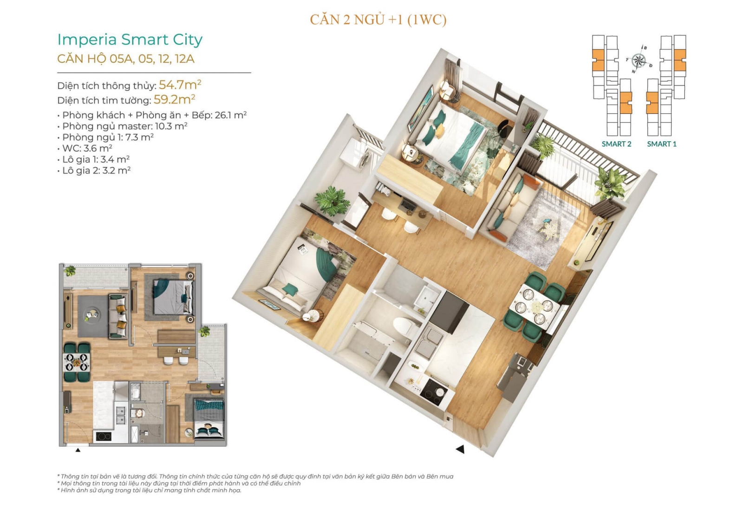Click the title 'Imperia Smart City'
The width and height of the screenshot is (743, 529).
click(130, 40)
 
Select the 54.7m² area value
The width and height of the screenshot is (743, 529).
click(180, 85)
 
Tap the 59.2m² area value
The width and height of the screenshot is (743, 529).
click(174, 99)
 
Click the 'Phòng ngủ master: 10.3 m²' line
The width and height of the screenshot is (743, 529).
click(123, 126)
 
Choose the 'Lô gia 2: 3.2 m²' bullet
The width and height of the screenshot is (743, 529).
click(94, 170)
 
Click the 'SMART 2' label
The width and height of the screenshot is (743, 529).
click(616, 144)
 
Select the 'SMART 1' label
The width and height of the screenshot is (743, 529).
click(661, 144)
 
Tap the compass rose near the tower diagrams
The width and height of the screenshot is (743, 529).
click(639, 61)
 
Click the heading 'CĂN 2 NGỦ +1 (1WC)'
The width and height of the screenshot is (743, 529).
click(378, 20)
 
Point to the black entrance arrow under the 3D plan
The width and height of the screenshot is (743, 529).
click(460, 449)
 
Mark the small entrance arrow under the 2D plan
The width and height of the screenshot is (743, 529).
click(78, 450)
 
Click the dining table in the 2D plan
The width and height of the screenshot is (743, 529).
click(77, 362)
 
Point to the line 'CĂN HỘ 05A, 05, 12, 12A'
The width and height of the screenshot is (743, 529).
click(126, 59)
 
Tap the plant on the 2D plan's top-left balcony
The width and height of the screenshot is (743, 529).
click(70, 271)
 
